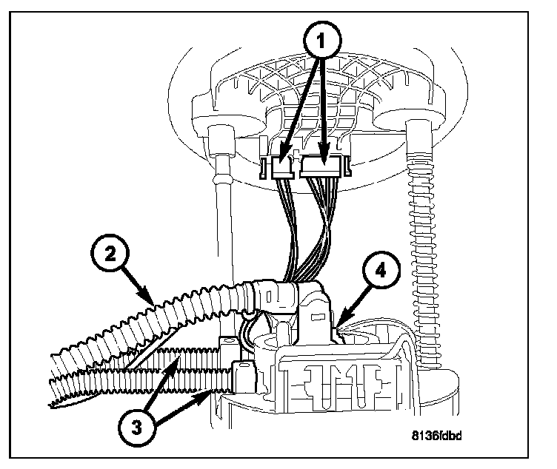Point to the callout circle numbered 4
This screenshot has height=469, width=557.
378,271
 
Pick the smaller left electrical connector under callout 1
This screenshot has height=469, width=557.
282,169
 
